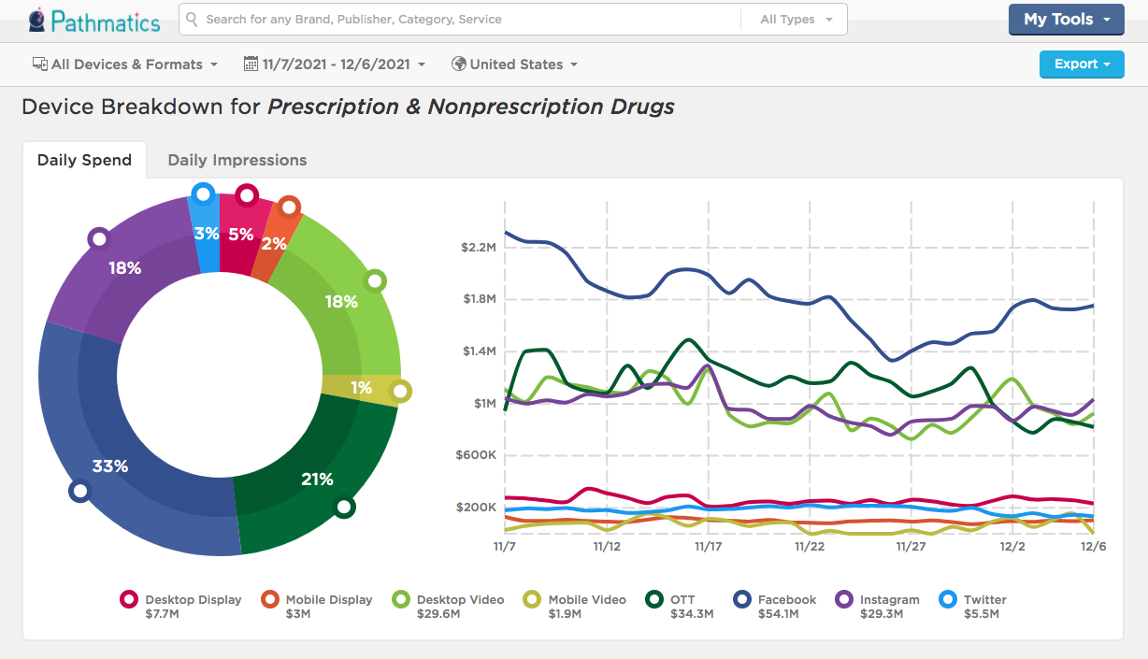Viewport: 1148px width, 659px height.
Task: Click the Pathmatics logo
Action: [93, 20]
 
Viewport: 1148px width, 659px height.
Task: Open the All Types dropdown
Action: [796, 20]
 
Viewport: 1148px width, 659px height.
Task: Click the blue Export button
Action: [1082, 64]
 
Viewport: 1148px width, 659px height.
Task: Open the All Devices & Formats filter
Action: [125, 64]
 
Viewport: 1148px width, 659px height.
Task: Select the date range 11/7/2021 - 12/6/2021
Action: [334, 64]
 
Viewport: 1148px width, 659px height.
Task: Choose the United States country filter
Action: [514, 64]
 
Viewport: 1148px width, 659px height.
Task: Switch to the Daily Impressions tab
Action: [237, 160]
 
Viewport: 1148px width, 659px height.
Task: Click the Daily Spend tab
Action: [84, 160]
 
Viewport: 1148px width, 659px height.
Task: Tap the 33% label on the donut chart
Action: [109, 466]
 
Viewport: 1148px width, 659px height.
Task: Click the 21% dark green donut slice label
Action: [317, 479]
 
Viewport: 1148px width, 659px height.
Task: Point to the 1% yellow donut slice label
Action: [362, 388]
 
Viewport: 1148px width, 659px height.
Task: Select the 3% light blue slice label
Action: [207, 234]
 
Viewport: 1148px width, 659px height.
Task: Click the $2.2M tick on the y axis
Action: [478, 248]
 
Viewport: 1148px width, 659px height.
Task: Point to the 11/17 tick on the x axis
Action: [708, 546]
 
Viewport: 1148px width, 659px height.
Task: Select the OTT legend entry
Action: [681, 606]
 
